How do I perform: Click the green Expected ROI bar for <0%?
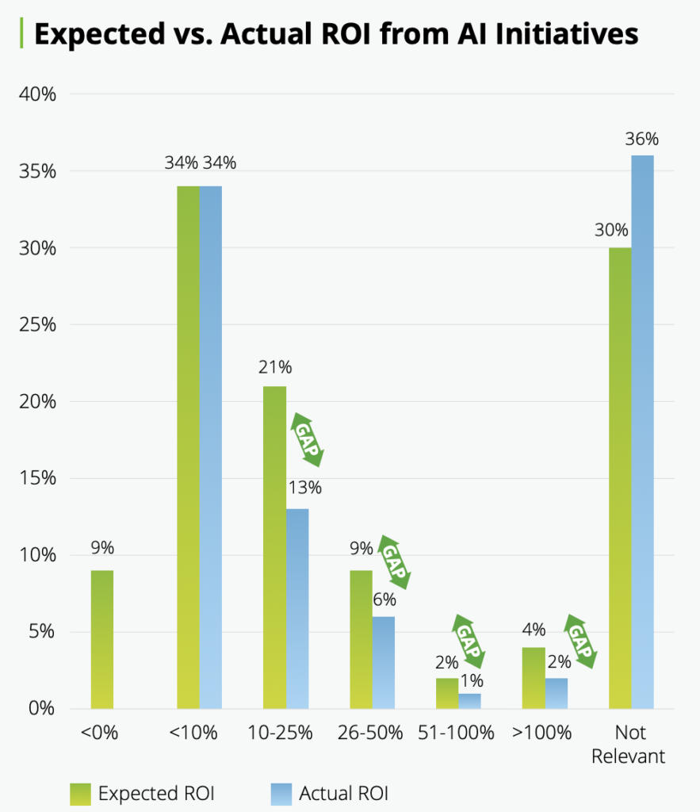point(102,639)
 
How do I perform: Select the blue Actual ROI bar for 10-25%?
point(297,608)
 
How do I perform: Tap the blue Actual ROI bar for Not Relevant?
point(642,431)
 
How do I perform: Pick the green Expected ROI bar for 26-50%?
point(361,639)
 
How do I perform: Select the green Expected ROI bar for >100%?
point(534,678)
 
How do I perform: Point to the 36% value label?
point(641,140)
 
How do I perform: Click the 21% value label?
point(275,368)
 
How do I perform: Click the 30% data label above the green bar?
point(611,231)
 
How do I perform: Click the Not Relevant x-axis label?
point(628,744)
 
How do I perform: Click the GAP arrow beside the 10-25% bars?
point(309,439)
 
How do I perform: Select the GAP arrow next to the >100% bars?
point(580,640)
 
